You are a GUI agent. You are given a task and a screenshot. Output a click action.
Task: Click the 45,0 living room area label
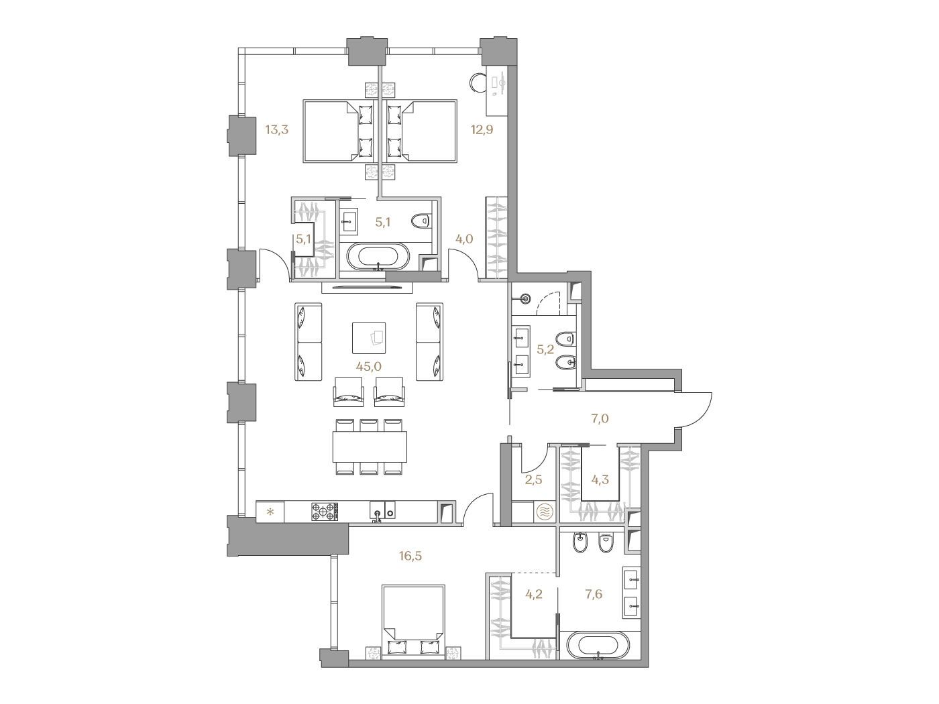pyautogui.click(x=368, y=366)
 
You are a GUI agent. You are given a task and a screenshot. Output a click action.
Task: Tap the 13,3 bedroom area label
pyautogui.click(x=277, y=130)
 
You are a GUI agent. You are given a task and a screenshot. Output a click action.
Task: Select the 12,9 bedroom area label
pyautogui.click(x=482, y=129)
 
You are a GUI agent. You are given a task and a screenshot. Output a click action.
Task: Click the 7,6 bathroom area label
pyautogui.click(x=592, y=594)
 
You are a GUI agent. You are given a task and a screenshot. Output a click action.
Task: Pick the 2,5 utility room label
pyautogui.click(x=533, y=479)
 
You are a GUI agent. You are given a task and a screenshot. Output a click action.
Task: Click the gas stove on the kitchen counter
pyautogui.click(x=324, y=511)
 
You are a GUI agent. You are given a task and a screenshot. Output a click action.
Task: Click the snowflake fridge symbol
pyautogui.click(x=270, y=512)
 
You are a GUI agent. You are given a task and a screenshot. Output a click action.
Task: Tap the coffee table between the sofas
pyautogui.click(x=369, y=338)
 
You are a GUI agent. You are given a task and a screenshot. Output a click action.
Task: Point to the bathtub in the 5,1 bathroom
pyautogui.click(x=378, y=257)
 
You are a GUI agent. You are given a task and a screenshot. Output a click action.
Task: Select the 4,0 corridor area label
pyautogui.click(x=463, y=239)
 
